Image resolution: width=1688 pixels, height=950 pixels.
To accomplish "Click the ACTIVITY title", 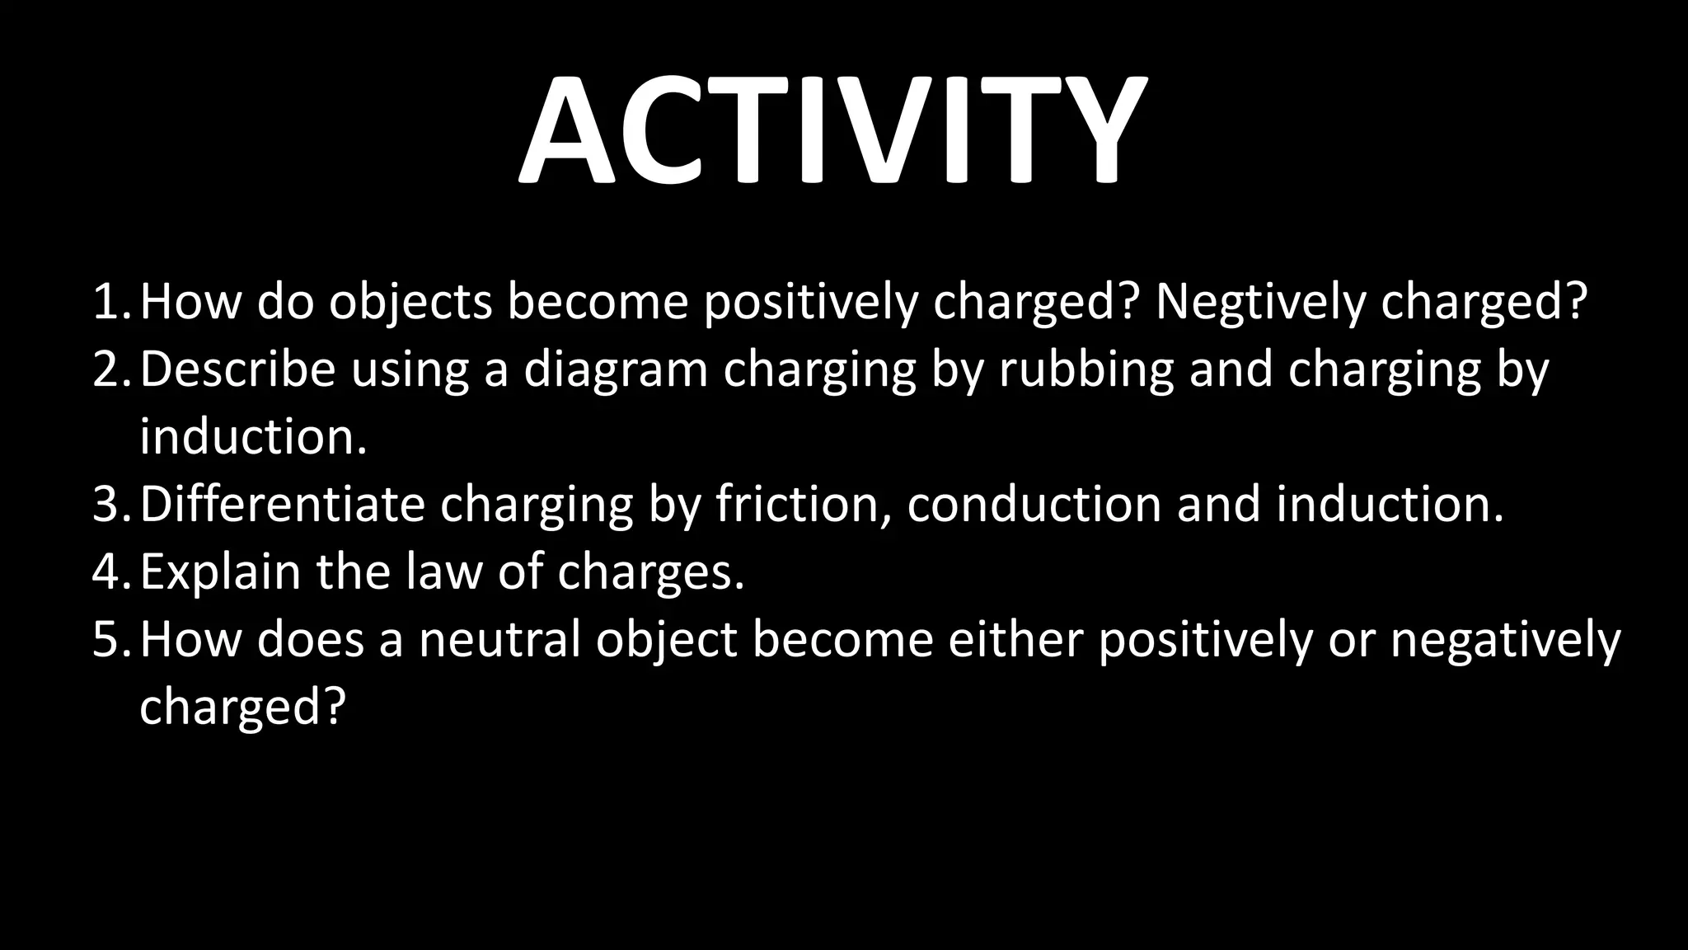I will coord(832,130).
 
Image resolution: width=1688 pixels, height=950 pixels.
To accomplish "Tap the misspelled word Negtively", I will coord(1260,302).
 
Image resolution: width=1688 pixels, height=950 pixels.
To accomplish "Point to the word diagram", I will coord(616,370).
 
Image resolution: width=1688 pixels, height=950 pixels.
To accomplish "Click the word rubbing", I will coord(1086,370).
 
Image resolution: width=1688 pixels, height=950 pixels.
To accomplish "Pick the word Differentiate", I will coord(282,504).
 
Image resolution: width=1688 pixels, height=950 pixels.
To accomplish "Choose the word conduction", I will coord(1034,504).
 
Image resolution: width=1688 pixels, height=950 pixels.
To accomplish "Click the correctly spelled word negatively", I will coord(1505,641).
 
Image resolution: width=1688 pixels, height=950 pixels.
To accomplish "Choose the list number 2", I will coord(112,369).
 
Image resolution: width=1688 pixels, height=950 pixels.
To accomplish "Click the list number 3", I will coord(112,505).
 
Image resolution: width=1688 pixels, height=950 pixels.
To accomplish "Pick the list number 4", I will coord(112,572).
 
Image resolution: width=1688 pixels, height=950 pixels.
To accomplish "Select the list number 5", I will coord(112,640).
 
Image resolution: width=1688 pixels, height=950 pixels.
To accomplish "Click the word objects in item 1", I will coord(410,303).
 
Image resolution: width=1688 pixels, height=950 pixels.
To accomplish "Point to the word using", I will coord(410,370).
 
